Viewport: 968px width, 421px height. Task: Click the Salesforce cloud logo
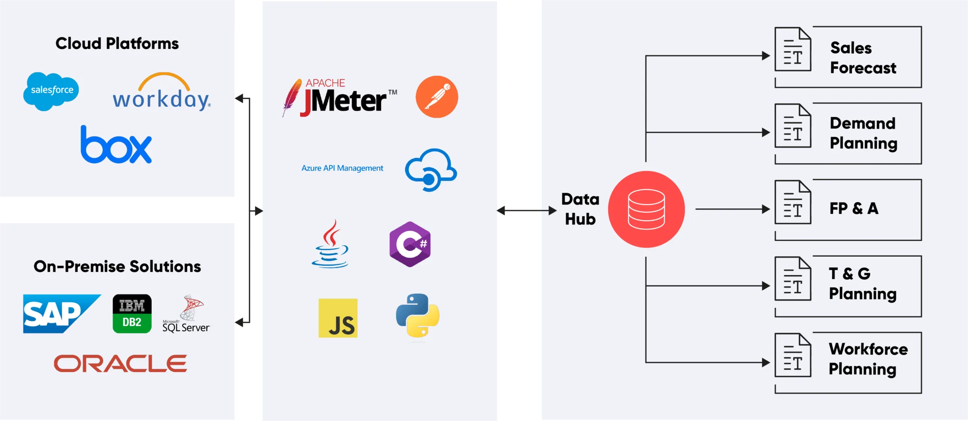[x=51, y=91]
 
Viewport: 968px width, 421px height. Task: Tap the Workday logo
[x=161, y=92]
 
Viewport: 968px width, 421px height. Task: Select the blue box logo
[x=116, y=145]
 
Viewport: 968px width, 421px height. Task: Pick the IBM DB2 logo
[x=132, y=313]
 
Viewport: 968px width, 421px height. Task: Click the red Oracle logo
[x=120, y=363]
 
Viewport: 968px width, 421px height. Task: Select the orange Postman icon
[x=436, y=97]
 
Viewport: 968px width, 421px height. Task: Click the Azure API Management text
[x=342, y=168]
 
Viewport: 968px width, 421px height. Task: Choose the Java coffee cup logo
[x=330, y=244]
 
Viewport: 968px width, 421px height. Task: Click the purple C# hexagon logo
[x=410, y=244]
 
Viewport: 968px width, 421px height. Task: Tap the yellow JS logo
[x=338, y=318]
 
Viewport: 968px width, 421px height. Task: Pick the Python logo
[x=417, y=316]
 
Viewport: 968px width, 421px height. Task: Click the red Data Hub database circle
[x=646, y=210]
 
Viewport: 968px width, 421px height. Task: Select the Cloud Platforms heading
[x=117, y=44]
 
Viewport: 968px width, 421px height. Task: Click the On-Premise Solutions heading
[x=117, y=266]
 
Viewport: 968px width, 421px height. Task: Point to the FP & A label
[x=854, y=208]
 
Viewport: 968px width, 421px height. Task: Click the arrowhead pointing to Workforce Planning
[x=766, y=362]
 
